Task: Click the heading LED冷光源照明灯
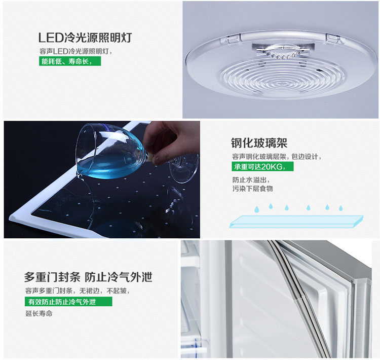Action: click(85, 38)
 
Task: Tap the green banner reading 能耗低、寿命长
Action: click(70, 61)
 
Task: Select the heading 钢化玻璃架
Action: click(259, 143)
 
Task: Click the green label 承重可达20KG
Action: click(262, 167)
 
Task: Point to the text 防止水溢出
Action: click(251, 180)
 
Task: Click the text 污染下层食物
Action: click(252, 189)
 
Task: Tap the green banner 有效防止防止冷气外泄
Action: click(68, 302)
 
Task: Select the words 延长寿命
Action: click(39, 313)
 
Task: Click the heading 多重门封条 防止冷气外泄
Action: click(88, 277)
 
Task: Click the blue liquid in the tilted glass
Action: click(109, 166)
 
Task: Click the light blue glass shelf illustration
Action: click(296, 221)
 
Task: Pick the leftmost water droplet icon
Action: click(257, 209)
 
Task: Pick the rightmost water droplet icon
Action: click(341, 208)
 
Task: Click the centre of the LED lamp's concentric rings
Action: click(282, 84)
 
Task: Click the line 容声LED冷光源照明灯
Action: click(75, 51)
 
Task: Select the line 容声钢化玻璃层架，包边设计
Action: click(277, 157)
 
